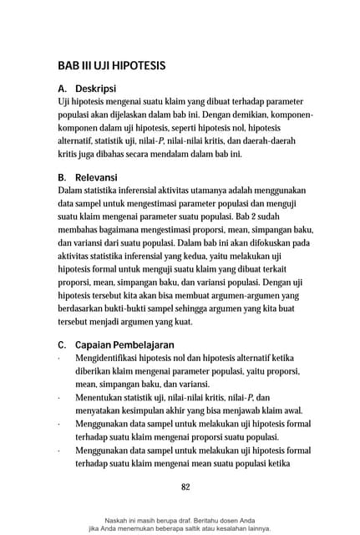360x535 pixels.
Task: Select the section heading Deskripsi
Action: click(95, 88)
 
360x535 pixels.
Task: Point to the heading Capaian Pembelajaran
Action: click(125, 344)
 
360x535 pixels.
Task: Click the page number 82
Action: click(186, 487)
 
